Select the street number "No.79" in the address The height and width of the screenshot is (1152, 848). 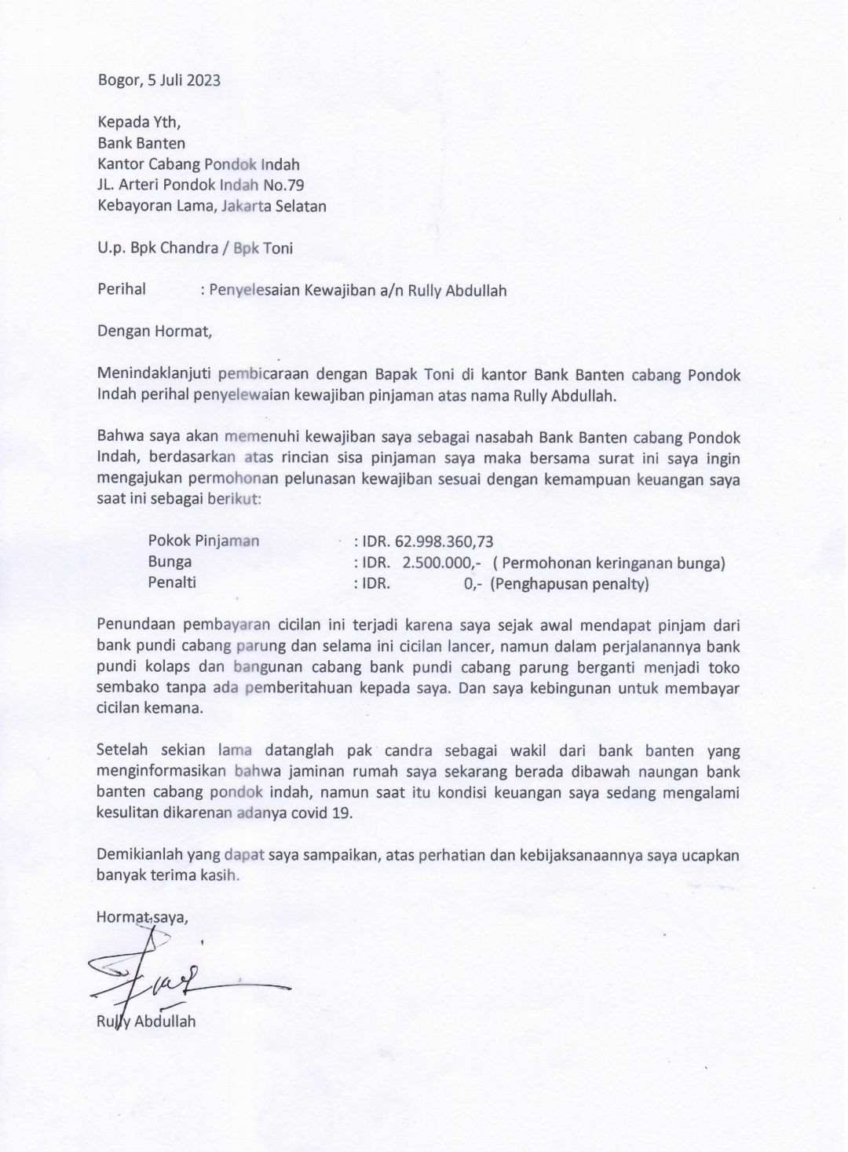tap(283, 185)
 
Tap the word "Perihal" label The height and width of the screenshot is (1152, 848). tap(122, 289)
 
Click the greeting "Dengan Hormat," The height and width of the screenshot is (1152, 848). tap(155, 331)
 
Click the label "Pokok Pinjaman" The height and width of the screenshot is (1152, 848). tap(203, 541)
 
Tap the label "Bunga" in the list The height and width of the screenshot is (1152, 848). tap(170, 563)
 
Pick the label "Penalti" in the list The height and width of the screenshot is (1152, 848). tap(172, 583)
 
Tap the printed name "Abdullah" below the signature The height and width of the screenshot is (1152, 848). tap(165, 1022)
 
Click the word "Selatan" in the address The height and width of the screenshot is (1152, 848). tap(300, 207)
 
